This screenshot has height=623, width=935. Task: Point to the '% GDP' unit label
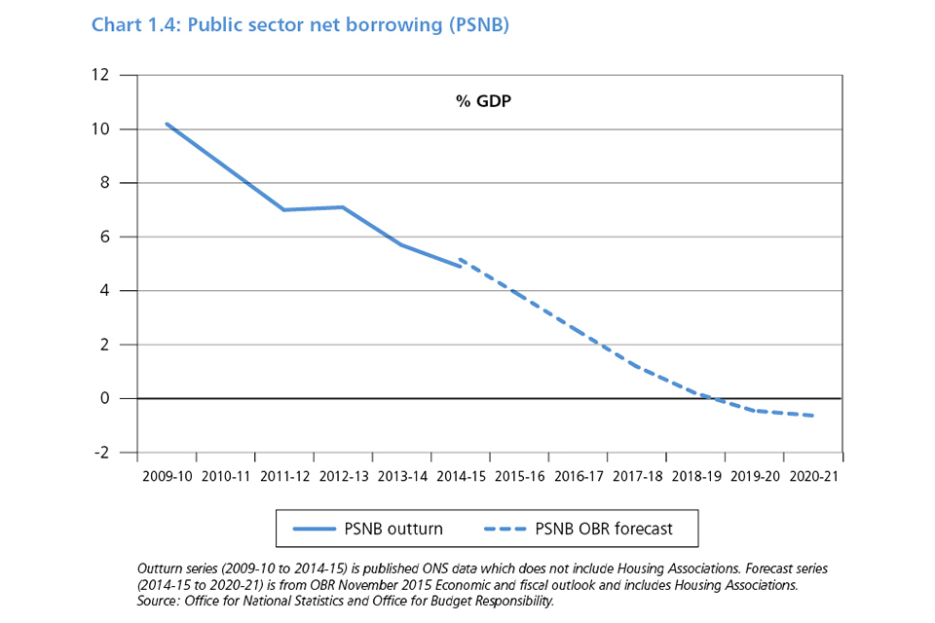(484, 100)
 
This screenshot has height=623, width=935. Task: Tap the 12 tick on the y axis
(101, 75)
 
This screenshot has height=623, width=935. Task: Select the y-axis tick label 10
(101, 129)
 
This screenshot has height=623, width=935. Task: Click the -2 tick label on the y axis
(101, 453)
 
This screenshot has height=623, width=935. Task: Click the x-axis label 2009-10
(167, 477)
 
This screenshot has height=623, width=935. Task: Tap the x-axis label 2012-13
(343, 477)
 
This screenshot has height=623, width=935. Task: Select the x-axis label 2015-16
(519, 477)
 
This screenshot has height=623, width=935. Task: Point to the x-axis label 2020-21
(812, 477)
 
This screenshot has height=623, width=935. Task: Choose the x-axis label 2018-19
(695, 477)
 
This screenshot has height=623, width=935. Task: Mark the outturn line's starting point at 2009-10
(167, 124)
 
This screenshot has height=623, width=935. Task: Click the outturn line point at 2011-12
(283, 209)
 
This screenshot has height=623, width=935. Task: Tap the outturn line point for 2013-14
(401, 244)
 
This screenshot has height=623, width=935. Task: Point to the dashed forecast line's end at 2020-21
(812, 416)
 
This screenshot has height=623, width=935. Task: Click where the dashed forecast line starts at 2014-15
(460, 259)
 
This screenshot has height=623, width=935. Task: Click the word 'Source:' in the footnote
(163, 602)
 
